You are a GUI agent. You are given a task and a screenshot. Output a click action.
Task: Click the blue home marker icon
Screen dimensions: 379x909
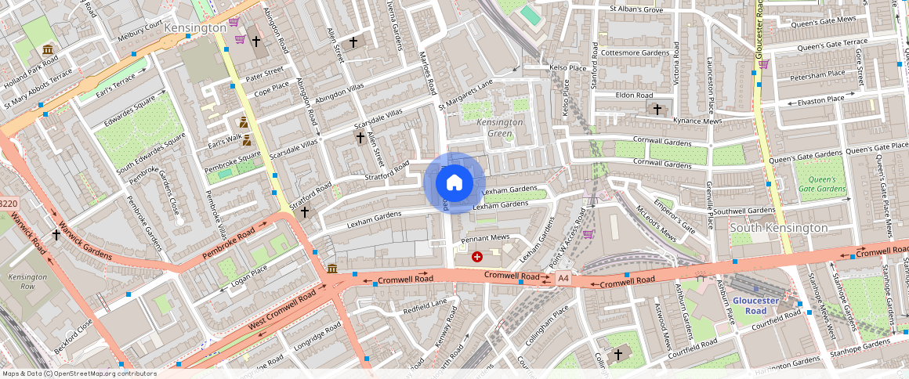pyautogui.click(x=454, y=183)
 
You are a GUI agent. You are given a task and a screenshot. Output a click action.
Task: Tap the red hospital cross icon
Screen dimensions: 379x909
pyautogui.click(x=477, y=256)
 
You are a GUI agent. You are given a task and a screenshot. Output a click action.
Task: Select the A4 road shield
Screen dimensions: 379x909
pyautogui.click(x=563, y=278)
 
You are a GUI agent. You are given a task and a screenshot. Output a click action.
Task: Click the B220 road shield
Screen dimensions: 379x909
pyautogui.click(x=8, y=204)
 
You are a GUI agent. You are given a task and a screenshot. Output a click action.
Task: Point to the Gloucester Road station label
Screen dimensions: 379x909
pyautogui.click(x=755, y=305)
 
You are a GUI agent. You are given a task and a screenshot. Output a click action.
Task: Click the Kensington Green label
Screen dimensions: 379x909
pyautogui.click(x=500, y=128)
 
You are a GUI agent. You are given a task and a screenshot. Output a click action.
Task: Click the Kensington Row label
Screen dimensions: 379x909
pyautogui.click(x=28, y=282)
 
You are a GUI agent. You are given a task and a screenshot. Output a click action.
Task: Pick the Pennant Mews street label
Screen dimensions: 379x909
pyautogui.click(x=485, y=237)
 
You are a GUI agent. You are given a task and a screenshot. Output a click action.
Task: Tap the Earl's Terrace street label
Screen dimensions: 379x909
pyautogui.click(x=116, y=78)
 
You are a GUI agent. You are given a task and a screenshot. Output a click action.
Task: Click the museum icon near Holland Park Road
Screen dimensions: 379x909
pyautogui.click(x=49, y=51)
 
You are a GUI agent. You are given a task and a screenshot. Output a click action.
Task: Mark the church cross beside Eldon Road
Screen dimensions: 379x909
pyautogui.click(x=657, y=108)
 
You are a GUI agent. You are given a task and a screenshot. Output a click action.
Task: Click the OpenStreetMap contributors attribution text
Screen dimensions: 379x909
pyautogui.click(x=80, y=374)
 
